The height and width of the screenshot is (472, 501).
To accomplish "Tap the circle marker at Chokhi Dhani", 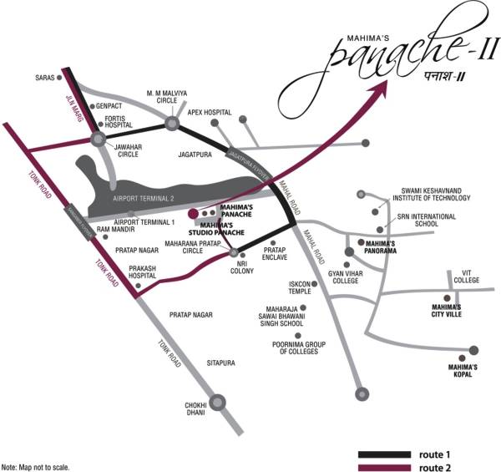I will [219, 403].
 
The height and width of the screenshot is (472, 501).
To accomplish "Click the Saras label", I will [44, 78].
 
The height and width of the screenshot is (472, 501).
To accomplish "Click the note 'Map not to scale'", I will [35, 466].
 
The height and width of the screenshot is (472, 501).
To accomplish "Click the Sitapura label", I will [224, 363].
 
